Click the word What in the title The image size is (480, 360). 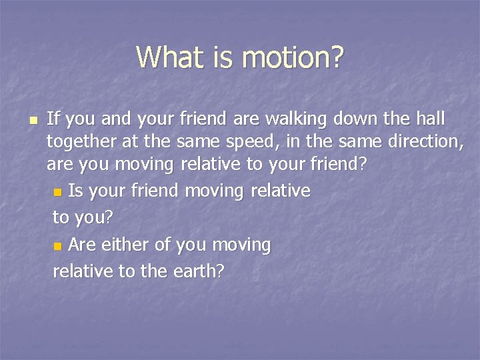click(169, 57)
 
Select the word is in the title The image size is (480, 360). click(223, 57)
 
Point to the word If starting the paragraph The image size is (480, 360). click(53, 119)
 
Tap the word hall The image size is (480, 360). click(431, 119)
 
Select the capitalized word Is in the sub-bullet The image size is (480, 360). click(75, 191)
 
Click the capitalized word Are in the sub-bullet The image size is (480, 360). click(81, 245)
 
